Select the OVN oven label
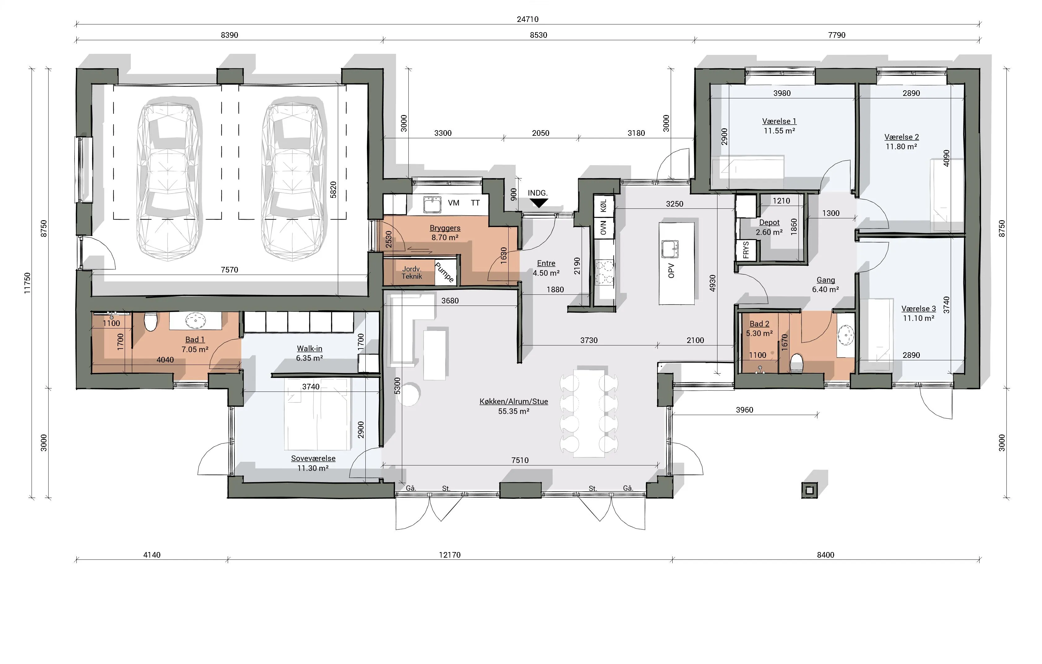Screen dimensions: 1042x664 point(604,227)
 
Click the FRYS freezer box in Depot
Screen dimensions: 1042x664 point(746,250)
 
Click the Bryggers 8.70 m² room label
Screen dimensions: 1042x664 point(445,232)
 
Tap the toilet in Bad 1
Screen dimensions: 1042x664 point(150,321)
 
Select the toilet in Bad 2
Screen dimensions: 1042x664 point(797,364)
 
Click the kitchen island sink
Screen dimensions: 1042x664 point(670,249)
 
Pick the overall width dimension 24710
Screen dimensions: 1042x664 point(527,19)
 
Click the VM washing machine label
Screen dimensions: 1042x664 point(454,203)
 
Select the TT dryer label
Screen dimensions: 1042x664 point(475,203)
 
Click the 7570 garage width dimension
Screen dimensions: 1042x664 point(229,269)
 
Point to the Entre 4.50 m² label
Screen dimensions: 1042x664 point(546,268)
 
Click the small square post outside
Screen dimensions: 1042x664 point(810,490)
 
